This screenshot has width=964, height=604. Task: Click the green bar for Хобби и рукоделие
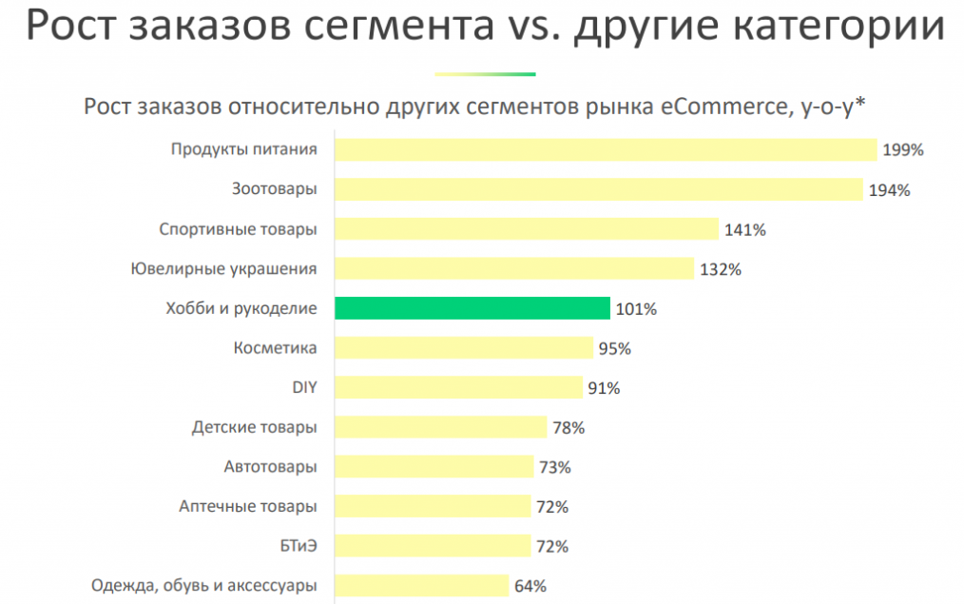click(x=472, y=308)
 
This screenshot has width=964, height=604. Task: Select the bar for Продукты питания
click(x=606, y=149)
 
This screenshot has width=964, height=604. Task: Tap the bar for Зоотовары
click(x=600, y=189)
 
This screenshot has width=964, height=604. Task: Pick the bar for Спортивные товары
click(x=527, y=229)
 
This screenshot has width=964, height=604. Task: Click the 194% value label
click(x=890, y=190)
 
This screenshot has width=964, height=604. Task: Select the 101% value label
click(x=636, y=309)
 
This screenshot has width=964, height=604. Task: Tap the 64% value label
click(x=530, y=586)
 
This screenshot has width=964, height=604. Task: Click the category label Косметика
click(x=275, y=348)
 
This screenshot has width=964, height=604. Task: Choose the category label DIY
click(x=304, y=387)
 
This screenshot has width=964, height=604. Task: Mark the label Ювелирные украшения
click(x=223, y=269)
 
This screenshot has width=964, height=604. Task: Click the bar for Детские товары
click(x=441, y=427)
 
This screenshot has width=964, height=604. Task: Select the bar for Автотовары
click(x=434, y=467)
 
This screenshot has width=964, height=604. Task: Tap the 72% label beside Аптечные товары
click(x=552, y=507)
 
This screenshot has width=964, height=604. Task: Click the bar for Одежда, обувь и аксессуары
click(x=422, y=586)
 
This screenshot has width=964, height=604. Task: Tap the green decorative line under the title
click(x=485, y=73)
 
